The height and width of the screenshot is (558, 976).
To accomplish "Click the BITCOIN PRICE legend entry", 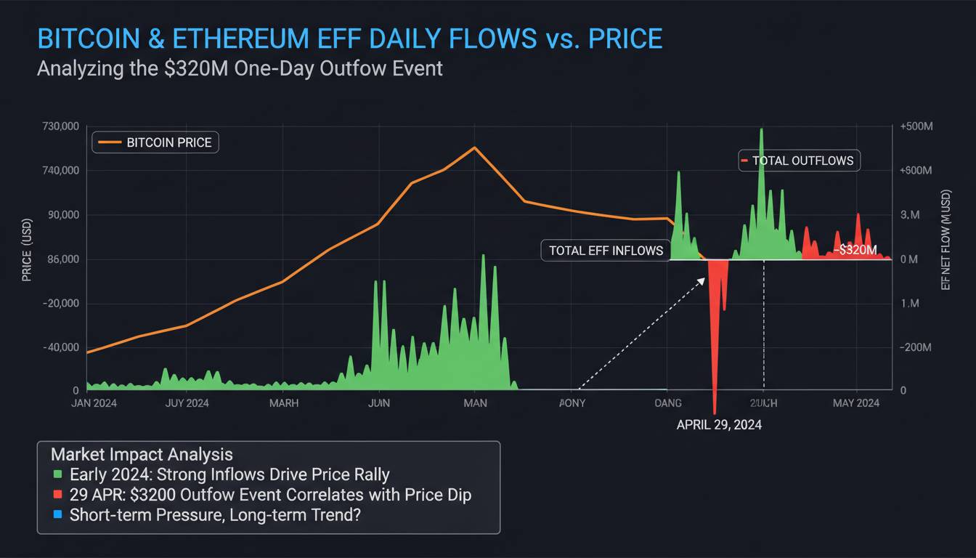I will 155,142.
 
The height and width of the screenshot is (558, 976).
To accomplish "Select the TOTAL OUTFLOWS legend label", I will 800,161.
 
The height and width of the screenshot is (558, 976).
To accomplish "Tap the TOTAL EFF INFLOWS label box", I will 606,251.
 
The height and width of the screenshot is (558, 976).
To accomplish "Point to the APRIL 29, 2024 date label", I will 719,425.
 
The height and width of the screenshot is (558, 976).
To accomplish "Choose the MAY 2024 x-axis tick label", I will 856,403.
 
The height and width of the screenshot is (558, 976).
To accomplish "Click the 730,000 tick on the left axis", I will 60,127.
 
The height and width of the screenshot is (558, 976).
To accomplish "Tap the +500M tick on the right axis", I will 916,127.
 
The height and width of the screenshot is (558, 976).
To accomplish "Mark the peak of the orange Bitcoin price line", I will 474,147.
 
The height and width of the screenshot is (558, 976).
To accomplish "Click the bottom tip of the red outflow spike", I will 715,413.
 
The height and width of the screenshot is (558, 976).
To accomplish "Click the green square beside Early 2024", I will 59,475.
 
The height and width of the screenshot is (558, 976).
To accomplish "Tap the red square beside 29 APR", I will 59,496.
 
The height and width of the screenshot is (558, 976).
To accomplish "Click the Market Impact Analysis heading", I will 142,455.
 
